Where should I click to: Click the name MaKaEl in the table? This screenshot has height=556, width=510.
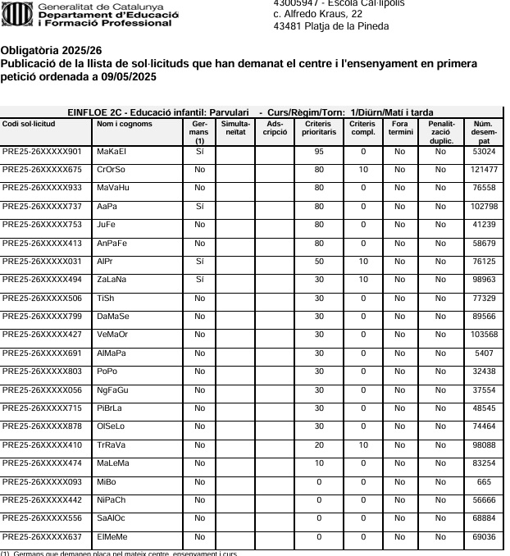(112, 152)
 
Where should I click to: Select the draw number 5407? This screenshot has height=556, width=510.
(484, 353)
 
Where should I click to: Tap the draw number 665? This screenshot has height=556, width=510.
(484, 481)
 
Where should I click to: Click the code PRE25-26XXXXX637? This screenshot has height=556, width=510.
(42, 536)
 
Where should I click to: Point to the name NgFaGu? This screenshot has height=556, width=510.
(113, 390)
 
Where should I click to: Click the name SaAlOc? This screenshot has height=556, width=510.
(112, 518)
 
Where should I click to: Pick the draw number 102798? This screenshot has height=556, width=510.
(484, 207)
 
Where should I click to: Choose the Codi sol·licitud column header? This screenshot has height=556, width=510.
(30, 124)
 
